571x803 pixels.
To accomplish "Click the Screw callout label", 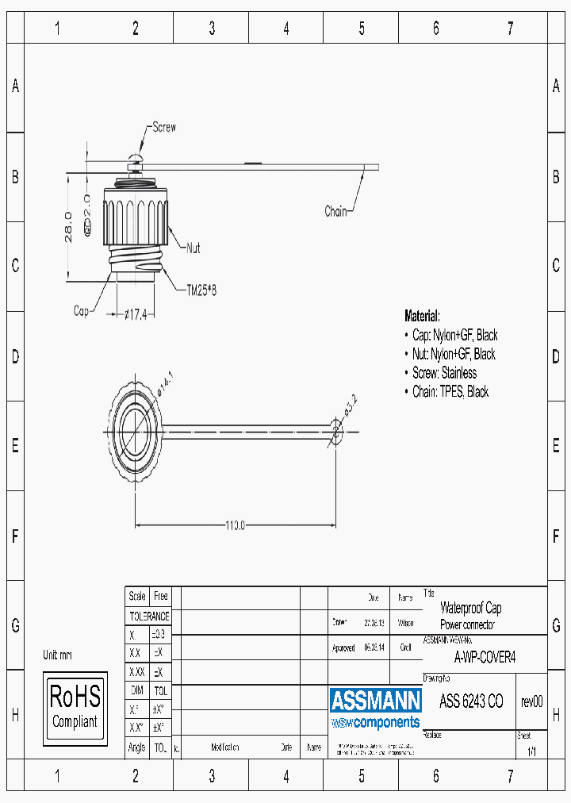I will [164, 128].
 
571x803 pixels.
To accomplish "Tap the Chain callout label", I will [335, 211].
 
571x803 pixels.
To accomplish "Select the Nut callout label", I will [193, 248].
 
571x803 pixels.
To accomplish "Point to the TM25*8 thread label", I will [201, 290].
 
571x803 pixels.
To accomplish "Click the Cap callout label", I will [81, 311].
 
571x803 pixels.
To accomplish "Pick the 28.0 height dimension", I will [69, 226].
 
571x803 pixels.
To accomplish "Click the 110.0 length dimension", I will [234, 524].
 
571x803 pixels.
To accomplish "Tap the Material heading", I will [422, 316].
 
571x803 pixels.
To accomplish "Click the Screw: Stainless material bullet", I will [444, 373].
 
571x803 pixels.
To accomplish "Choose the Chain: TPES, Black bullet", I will [450, 392].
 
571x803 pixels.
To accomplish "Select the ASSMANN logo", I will [375, 701].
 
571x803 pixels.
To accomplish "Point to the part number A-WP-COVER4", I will [485, 657].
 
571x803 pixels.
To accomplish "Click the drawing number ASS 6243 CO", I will [471, 701].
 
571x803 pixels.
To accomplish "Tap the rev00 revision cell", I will [531, 701].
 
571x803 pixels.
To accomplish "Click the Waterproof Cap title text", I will [470, 609].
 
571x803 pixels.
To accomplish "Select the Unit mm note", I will [57, 655].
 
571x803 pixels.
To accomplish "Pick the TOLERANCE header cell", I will [149, 616].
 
